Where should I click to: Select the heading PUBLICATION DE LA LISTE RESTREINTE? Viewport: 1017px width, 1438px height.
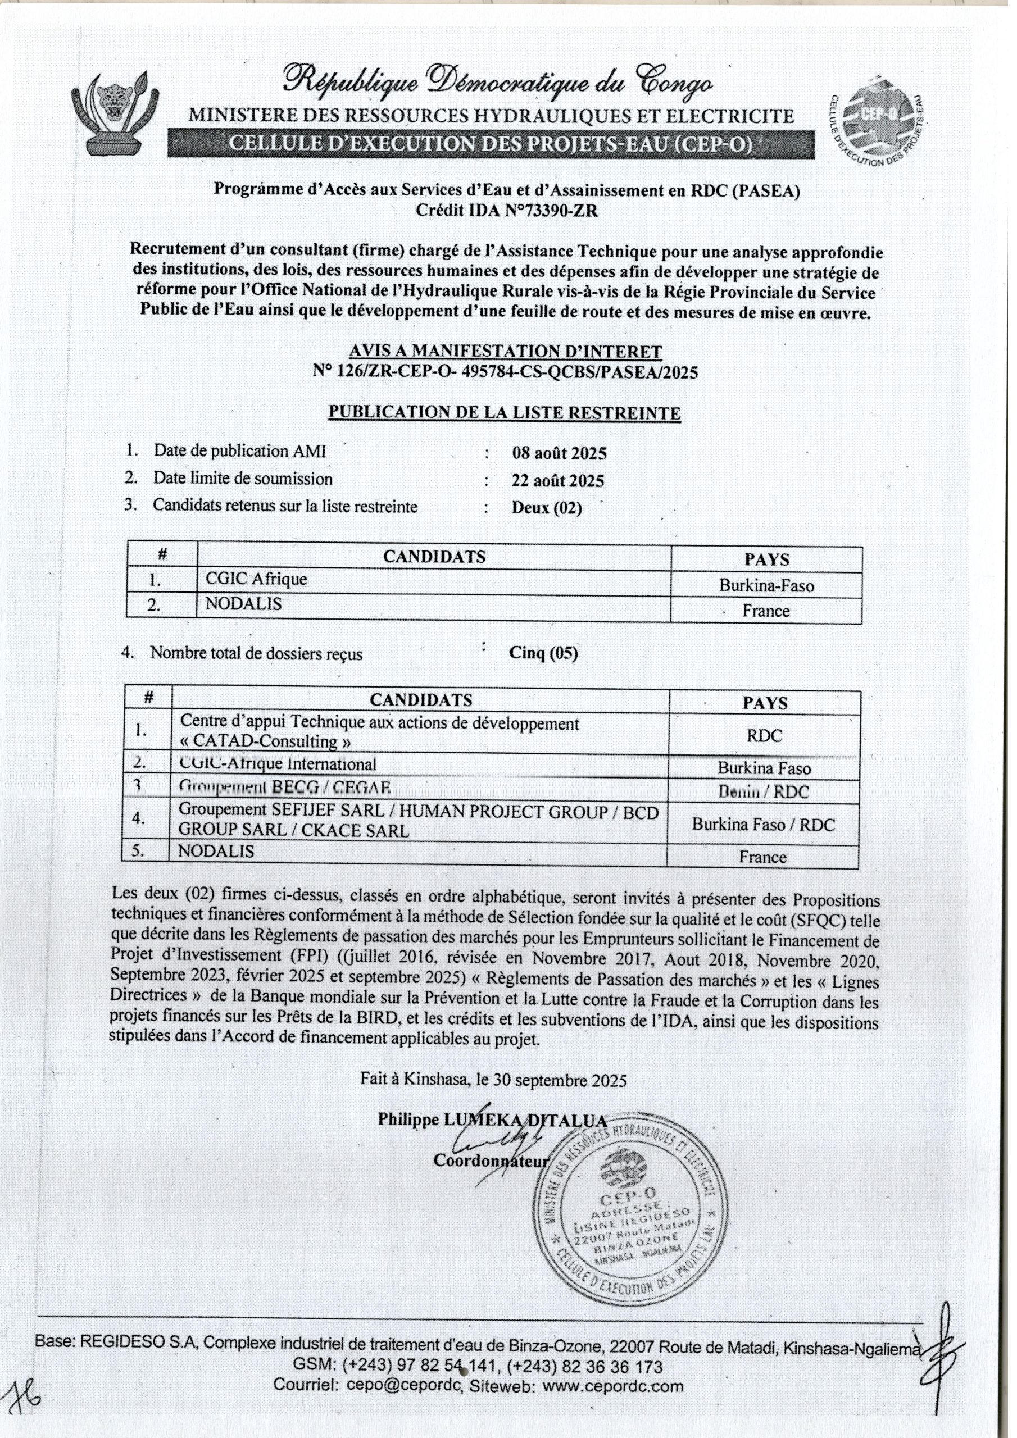[505, 413]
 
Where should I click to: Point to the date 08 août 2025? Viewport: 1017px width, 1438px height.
[559, 453]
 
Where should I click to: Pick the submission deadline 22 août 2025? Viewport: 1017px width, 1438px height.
[558, 480]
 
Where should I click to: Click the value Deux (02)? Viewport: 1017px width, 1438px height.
[546, 507]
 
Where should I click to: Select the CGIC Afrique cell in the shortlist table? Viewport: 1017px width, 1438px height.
[256, 579]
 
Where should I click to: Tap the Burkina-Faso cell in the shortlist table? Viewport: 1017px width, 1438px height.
[766, 586]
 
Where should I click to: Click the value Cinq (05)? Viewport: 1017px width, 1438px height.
[543, 653]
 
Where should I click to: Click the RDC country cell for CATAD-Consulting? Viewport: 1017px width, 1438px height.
[764, 735]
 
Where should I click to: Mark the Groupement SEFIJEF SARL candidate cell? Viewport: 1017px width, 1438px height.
[418, 821]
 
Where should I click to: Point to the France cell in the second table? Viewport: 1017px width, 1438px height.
[762, 857]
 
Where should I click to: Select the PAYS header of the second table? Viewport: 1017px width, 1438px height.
[765, 703]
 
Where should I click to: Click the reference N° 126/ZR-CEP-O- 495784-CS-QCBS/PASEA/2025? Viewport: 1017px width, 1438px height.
[505, 372]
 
